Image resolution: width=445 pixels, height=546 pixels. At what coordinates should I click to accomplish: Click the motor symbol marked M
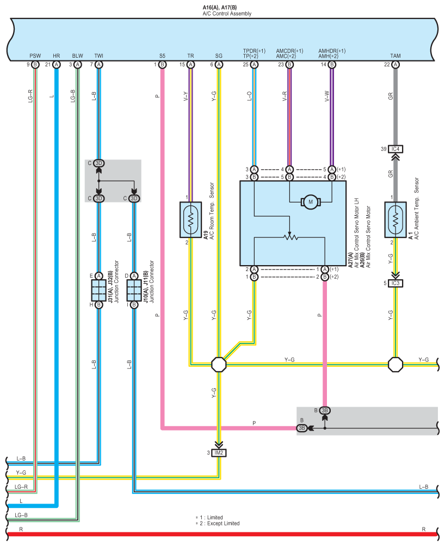[x=311, y=202]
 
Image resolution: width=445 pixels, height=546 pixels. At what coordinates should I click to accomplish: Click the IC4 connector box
[x=395, y=149]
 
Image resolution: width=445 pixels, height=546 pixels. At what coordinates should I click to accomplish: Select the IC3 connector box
[x=395, y=283]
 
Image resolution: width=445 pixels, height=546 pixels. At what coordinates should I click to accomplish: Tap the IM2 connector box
[x=219, y=453]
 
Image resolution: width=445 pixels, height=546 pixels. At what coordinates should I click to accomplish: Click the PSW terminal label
[x=35, y=56]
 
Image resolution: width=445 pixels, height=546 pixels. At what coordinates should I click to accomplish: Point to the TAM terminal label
[x=395, y=56]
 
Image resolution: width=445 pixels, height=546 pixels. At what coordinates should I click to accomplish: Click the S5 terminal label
[x=163, y=56]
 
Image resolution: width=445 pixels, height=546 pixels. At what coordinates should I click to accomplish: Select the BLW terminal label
[x=78, y=56]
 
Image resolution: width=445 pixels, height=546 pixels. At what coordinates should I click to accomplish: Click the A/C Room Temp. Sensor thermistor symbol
[x=190, y=220]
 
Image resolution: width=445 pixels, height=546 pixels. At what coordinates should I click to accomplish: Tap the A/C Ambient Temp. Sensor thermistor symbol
[x=395, y=220]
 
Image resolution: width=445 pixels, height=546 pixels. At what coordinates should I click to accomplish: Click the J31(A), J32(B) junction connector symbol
[x=99, y=290]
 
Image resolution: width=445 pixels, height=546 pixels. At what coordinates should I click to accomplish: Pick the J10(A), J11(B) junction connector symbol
[x=134, y=290]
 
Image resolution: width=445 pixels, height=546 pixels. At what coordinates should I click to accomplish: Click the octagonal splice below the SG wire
[x=219, y=365]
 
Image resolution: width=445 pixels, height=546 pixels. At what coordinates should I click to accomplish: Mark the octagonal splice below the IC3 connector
[x=395, y=365]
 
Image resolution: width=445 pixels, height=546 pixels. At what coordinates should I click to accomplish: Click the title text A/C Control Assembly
[x=227, y=14]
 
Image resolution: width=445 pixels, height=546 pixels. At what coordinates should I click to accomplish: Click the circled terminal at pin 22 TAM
[x=395, y=64]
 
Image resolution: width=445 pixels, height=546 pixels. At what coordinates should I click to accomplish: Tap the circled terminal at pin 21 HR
[x=57, y=64]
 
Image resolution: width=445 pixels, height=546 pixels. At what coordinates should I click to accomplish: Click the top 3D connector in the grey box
[x=99, y=163]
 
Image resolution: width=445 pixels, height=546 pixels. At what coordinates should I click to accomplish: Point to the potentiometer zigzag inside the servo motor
[x=290, y=237]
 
